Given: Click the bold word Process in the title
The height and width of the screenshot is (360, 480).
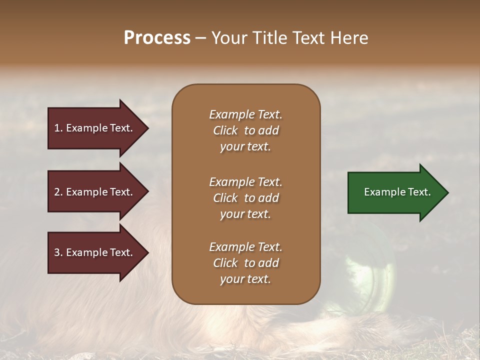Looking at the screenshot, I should click(x=157, y=38).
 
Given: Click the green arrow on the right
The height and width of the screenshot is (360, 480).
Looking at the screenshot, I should click(x=395, y=192).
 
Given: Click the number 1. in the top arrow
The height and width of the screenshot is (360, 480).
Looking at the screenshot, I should click(x=58, y=128).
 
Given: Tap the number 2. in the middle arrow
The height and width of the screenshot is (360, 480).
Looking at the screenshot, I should click(x=58, y=192).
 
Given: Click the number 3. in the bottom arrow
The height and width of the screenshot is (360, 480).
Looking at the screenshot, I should click(x=58, y=253).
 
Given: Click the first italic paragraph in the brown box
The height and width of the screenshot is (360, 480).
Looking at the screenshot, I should click(x=245, y=130).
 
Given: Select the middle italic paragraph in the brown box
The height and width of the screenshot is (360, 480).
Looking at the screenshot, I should click(x=245, y=198).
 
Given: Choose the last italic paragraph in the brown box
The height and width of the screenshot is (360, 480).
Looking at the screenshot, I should click(x=245, y=263).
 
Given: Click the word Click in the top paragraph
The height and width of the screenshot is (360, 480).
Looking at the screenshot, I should click(x=225, y=131).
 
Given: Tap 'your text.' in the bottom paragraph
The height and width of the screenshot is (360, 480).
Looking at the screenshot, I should click(x=245, y=279).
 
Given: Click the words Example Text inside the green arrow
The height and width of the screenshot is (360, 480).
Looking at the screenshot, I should click(x=397, y=192).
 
